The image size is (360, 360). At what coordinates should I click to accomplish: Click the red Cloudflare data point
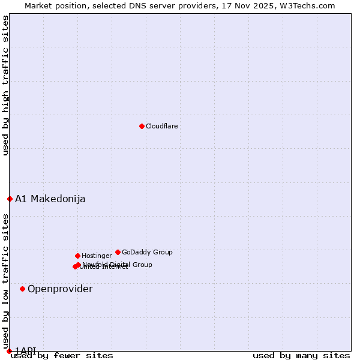pyautogui.click(x=142, y=126)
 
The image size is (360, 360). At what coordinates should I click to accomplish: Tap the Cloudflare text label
pyautogui.click(x=162, y=126)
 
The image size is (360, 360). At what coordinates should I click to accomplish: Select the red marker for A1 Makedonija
pyautogui.click(x=10, y=199)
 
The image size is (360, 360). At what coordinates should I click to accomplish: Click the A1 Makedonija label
pyautogui.click(x=50, y=199)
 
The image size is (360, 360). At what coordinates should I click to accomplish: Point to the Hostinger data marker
pyautogui.click(x=77, y=256)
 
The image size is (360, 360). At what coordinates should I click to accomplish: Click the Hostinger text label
pyautogui.click(x=97, y=256)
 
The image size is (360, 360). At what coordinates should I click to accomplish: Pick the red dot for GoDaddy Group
pyautogui.click(x=118, y=252)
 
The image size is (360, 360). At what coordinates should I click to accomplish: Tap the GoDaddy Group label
pyautogui.click(x=147, y=252)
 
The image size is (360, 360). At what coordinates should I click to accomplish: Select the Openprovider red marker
pyautogui.click(x=22, y=289)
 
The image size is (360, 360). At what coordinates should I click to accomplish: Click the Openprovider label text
pyautogui.click(x=60, y=289)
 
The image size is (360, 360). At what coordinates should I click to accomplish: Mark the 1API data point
pyautogui.click(x=9, y=351)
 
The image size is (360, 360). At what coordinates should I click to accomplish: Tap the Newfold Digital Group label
pyautogui.click(x=118, y=264)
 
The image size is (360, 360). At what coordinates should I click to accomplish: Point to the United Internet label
pyautogui.click(x=104, y=268)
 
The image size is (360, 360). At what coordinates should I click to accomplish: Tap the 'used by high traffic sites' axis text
pyautogui.click(x=5, y=85)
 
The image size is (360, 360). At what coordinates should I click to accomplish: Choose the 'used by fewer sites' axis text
pyautogui.click(x=62, y=355)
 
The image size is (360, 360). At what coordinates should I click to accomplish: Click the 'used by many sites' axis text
pyautogui.click(x=301, y=355)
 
